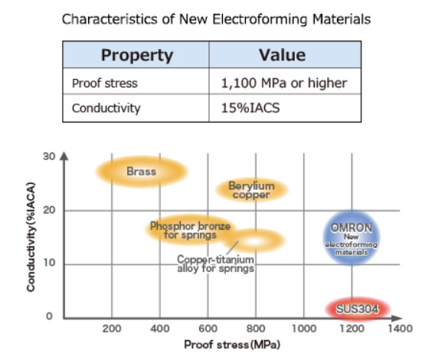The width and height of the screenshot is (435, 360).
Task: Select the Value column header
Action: (283, 55)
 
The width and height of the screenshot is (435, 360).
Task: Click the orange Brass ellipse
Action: (142, 172)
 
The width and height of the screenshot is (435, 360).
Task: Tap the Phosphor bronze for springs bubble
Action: (190, 229)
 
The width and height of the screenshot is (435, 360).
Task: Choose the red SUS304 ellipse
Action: (355, 308)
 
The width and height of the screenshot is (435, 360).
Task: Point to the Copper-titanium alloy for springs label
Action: (216, 264)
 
